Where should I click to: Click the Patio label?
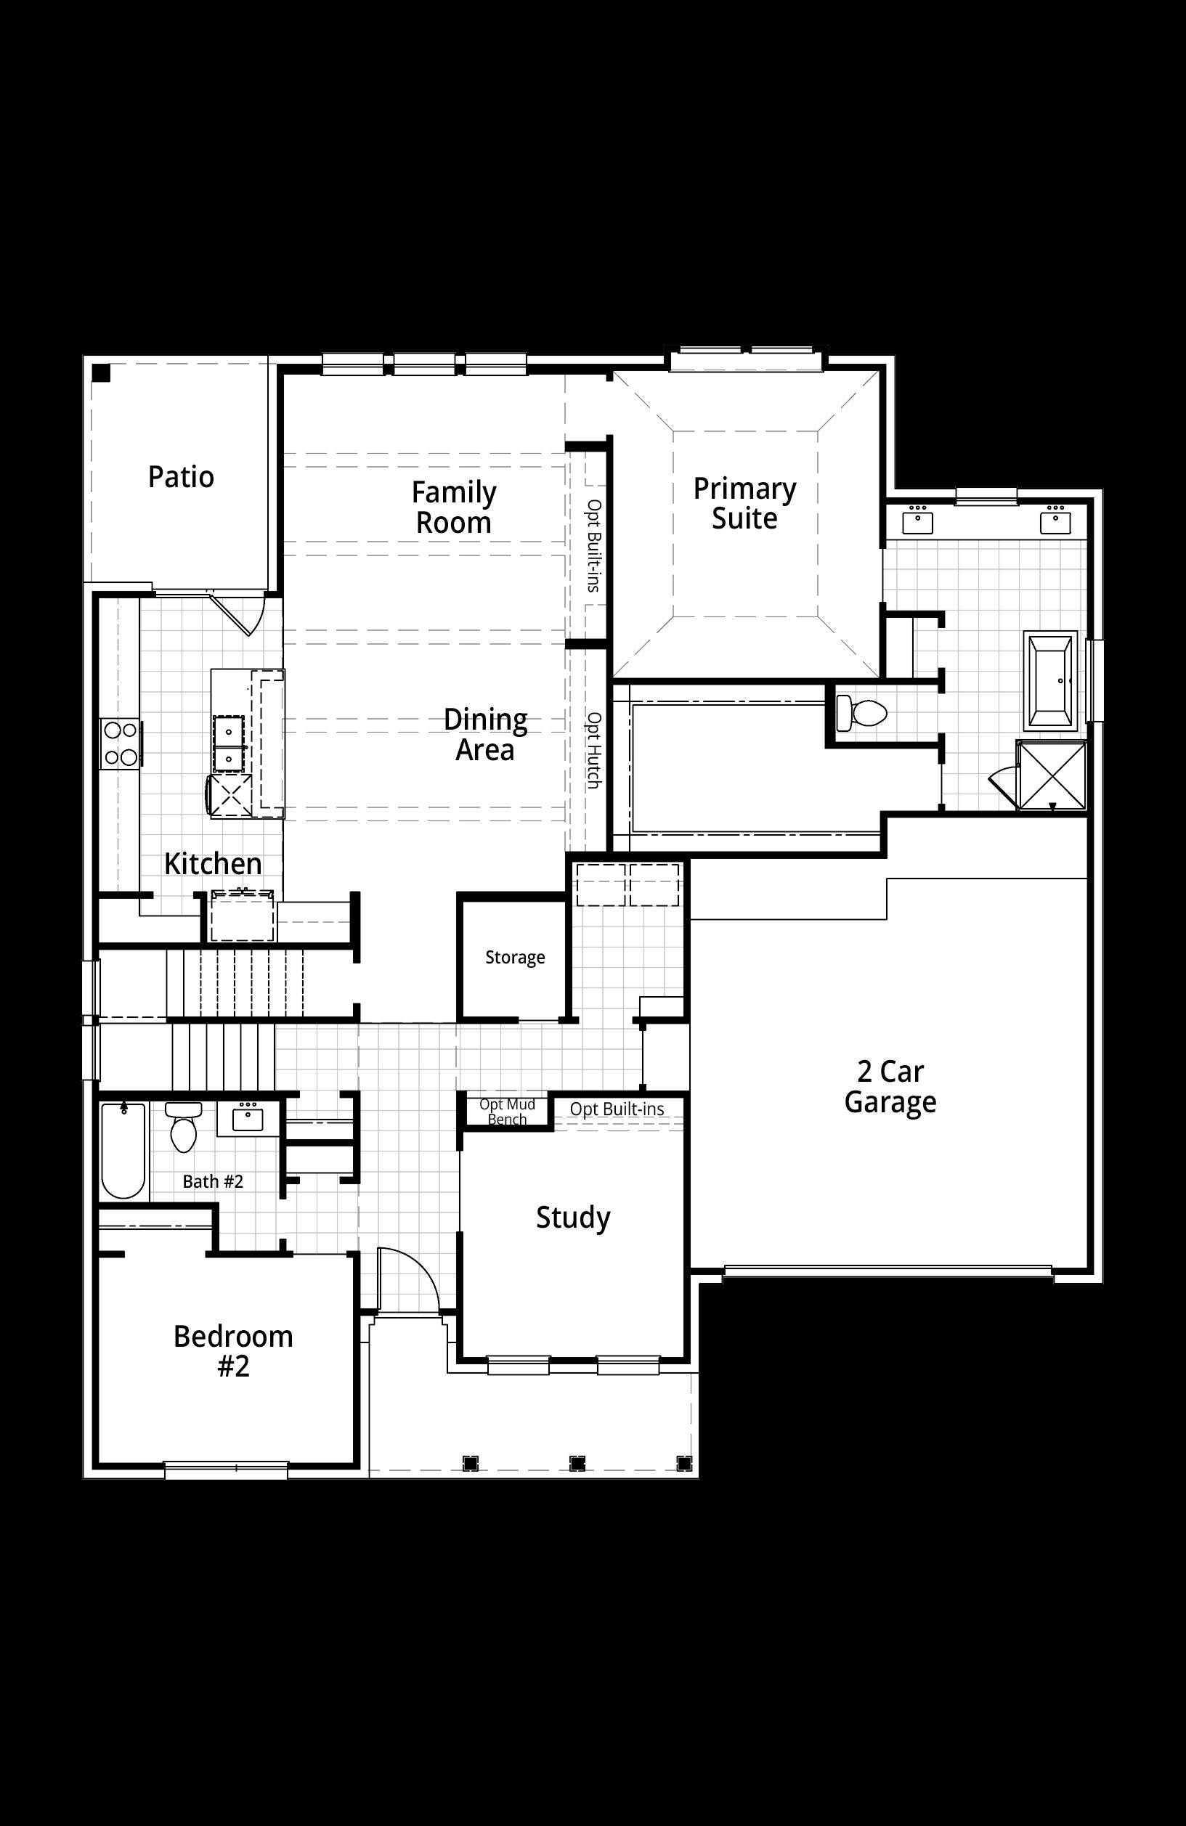(181, 476)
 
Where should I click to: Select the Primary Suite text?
(744, 503)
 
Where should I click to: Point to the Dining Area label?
(485, 734)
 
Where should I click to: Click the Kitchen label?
(214, 863)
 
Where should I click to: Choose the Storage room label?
(515, 957)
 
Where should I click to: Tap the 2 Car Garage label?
(890, 1086)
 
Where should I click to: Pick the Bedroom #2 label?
(233, 1351)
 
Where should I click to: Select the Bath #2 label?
(213, 1181)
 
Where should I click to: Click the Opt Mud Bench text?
(508, 1112)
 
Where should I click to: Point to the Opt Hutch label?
(593, 751)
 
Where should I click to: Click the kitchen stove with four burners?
(121, 743)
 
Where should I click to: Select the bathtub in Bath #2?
(123, 1150)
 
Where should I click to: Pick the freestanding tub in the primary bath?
(1052, 680)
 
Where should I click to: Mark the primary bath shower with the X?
(1052, 774)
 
